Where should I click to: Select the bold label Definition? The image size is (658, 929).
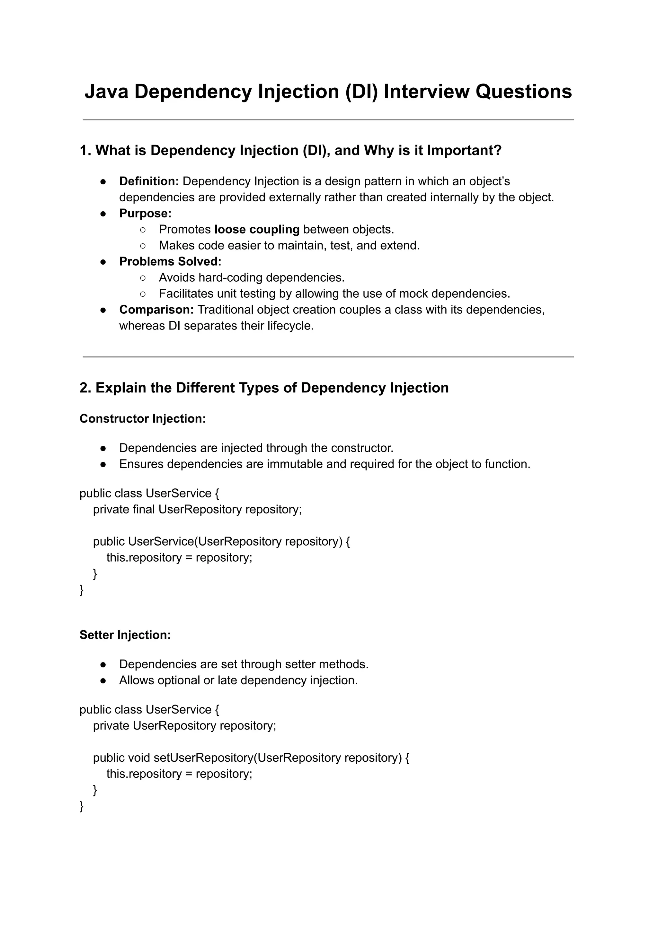[x=149, y=181]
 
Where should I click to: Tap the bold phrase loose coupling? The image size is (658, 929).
[x=257, y=229]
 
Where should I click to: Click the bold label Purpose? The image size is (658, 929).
[x=145, y=214]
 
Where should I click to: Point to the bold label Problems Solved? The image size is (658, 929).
[x=170, y=262]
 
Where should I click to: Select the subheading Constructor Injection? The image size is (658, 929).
[x=143, y=418]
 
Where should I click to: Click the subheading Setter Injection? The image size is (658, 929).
[x=125, y=635]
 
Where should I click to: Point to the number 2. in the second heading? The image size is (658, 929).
[x=85, y=388]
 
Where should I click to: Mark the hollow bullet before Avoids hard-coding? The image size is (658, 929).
[x=143, y=278]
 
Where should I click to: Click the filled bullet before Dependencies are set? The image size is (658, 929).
[x=103, y=664]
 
